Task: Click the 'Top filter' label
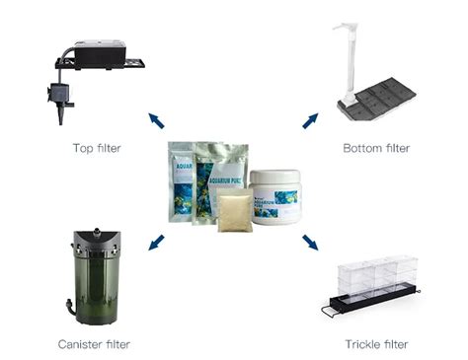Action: (x=95, y=148)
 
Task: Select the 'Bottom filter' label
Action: (x=374, y=148)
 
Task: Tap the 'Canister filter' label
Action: (x=95, y=344)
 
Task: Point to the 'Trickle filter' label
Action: (x=376, y=344)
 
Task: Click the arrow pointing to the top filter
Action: (x=156, y=120)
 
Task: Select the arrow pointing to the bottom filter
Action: (x=310, y=120)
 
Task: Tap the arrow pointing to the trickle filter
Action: (x=310, y=242)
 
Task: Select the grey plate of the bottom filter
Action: (x=381, y=99)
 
